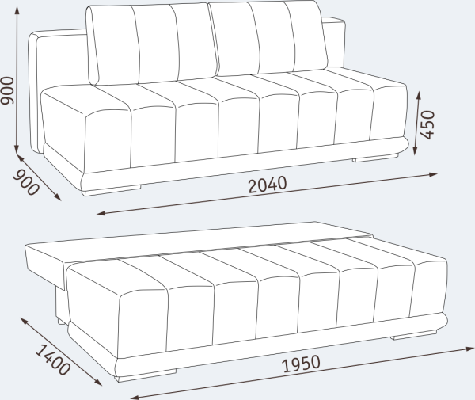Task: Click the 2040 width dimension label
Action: click(x=267, y=185)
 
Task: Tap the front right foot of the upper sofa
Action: click(x=370, y=158)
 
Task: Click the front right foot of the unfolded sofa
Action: click(x=412, y=336)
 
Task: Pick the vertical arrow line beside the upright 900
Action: click(x=18, y=95)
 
